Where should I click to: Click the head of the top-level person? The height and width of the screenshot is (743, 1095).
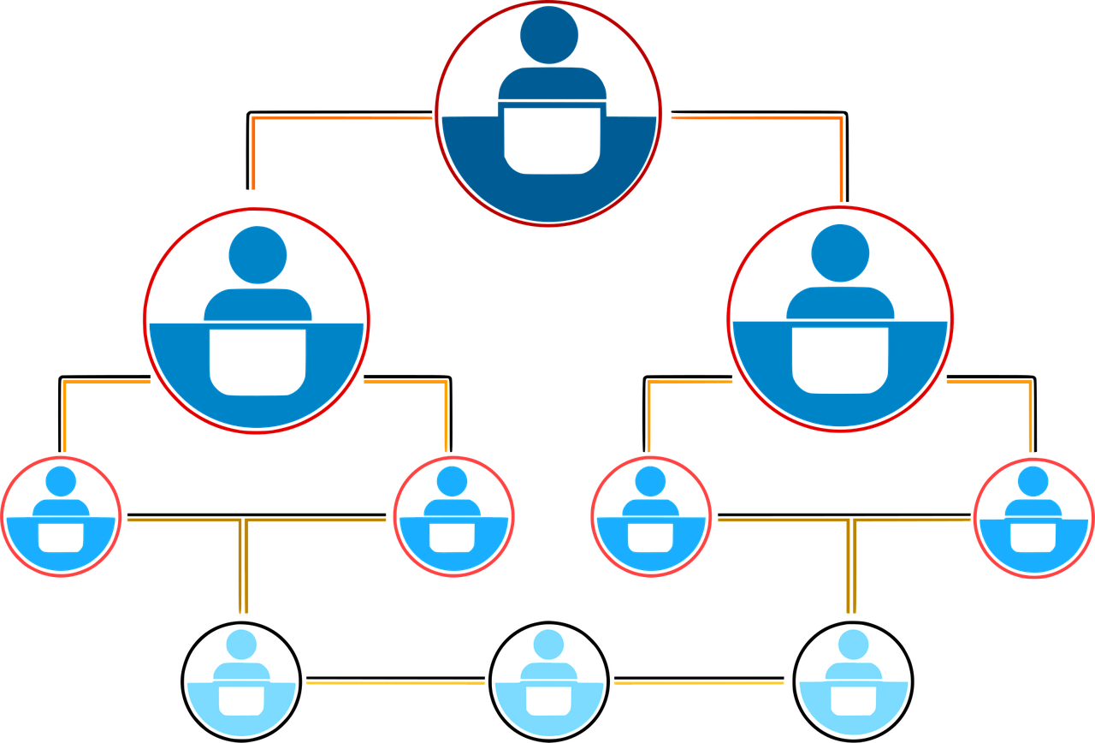[548, 33]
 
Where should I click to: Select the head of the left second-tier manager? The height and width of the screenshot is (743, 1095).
[257, 255]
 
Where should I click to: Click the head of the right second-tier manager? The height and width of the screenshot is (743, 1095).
[840, 253]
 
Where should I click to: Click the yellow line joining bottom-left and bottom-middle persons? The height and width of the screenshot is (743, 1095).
[394, 683]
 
